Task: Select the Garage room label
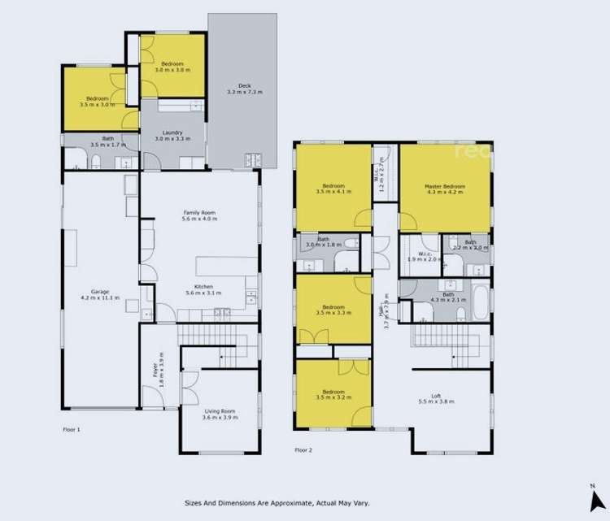point(100,293)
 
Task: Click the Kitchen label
point(199,288)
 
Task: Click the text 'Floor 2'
point(303,449)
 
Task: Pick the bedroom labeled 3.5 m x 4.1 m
point(333,189)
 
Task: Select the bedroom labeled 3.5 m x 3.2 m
point(333,395)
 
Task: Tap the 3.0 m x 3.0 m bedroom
point(172,67)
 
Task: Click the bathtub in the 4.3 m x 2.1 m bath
point(481,302)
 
